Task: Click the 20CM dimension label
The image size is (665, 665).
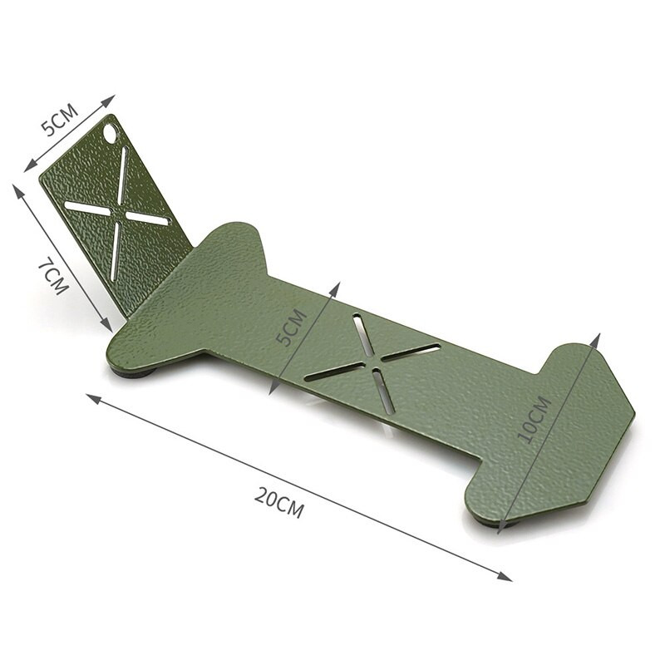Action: (x=279, y=502)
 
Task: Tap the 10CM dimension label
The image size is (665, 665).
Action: (x=534, y=420)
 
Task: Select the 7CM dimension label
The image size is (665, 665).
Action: (x=53, y=278)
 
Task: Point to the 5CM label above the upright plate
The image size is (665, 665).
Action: (x=60, y=119)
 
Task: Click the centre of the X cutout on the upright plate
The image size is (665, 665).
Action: (x=118, y=212)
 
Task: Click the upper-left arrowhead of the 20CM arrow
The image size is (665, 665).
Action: (x=94, y=399)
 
